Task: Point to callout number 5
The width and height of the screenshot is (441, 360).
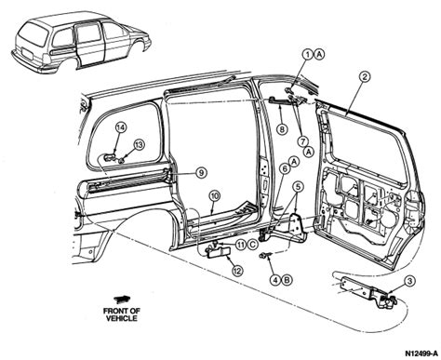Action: tap(297, 188)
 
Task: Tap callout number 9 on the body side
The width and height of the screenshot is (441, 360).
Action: tap(199, 173)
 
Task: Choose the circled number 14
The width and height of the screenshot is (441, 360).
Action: tap(120, 127)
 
